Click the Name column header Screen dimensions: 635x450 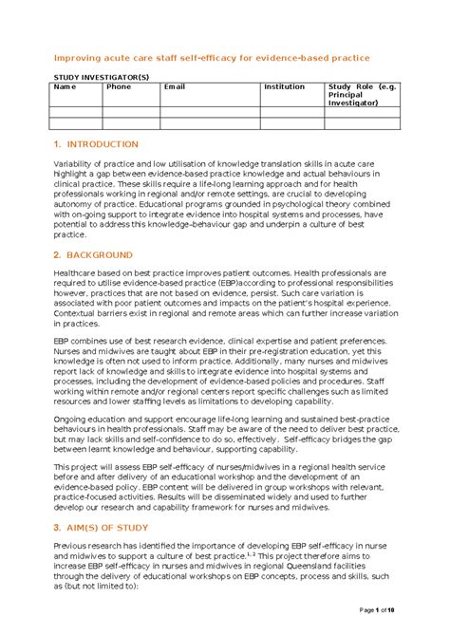(x=63, y=87)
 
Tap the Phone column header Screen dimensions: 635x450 (x=119, y=87)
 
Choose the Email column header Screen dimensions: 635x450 (x=175, y=87)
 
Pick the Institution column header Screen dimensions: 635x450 (x=284, y=87)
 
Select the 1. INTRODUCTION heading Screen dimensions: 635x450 (x=97, y=144)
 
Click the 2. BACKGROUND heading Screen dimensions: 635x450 (x=94, y=255)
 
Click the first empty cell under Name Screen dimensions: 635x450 (x=75, y=111)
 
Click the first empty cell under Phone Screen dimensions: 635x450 (x=130, y=111)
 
